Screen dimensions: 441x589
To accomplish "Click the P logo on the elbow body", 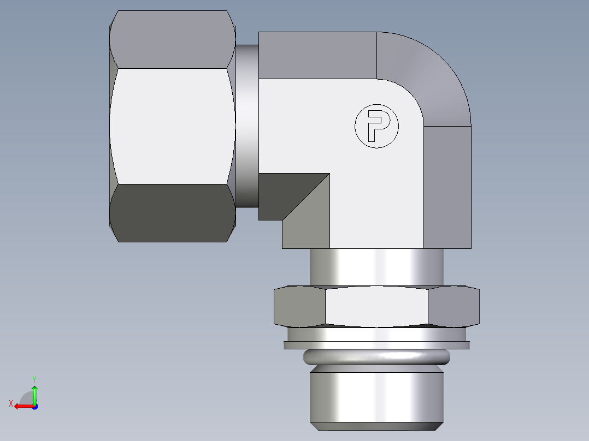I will click(376, 126).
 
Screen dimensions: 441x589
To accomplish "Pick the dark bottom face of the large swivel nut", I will click(172, 213).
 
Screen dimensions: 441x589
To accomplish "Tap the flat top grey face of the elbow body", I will click(317, 55).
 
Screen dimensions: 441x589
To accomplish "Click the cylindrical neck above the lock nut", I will click(376, 267).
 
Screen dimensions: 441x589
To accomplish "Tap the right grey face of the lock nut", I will click(453, 307).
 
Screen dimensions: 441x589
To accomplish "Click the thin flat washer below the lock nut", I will click(376, 344).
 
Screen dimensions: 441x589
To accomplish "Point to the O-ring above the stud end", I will click(376, 357).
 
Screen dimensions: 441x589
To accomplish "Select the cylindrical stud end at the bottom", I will click(376, 396).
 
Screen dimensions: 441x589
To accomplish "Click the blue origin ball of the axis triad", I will click(34, 407).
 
